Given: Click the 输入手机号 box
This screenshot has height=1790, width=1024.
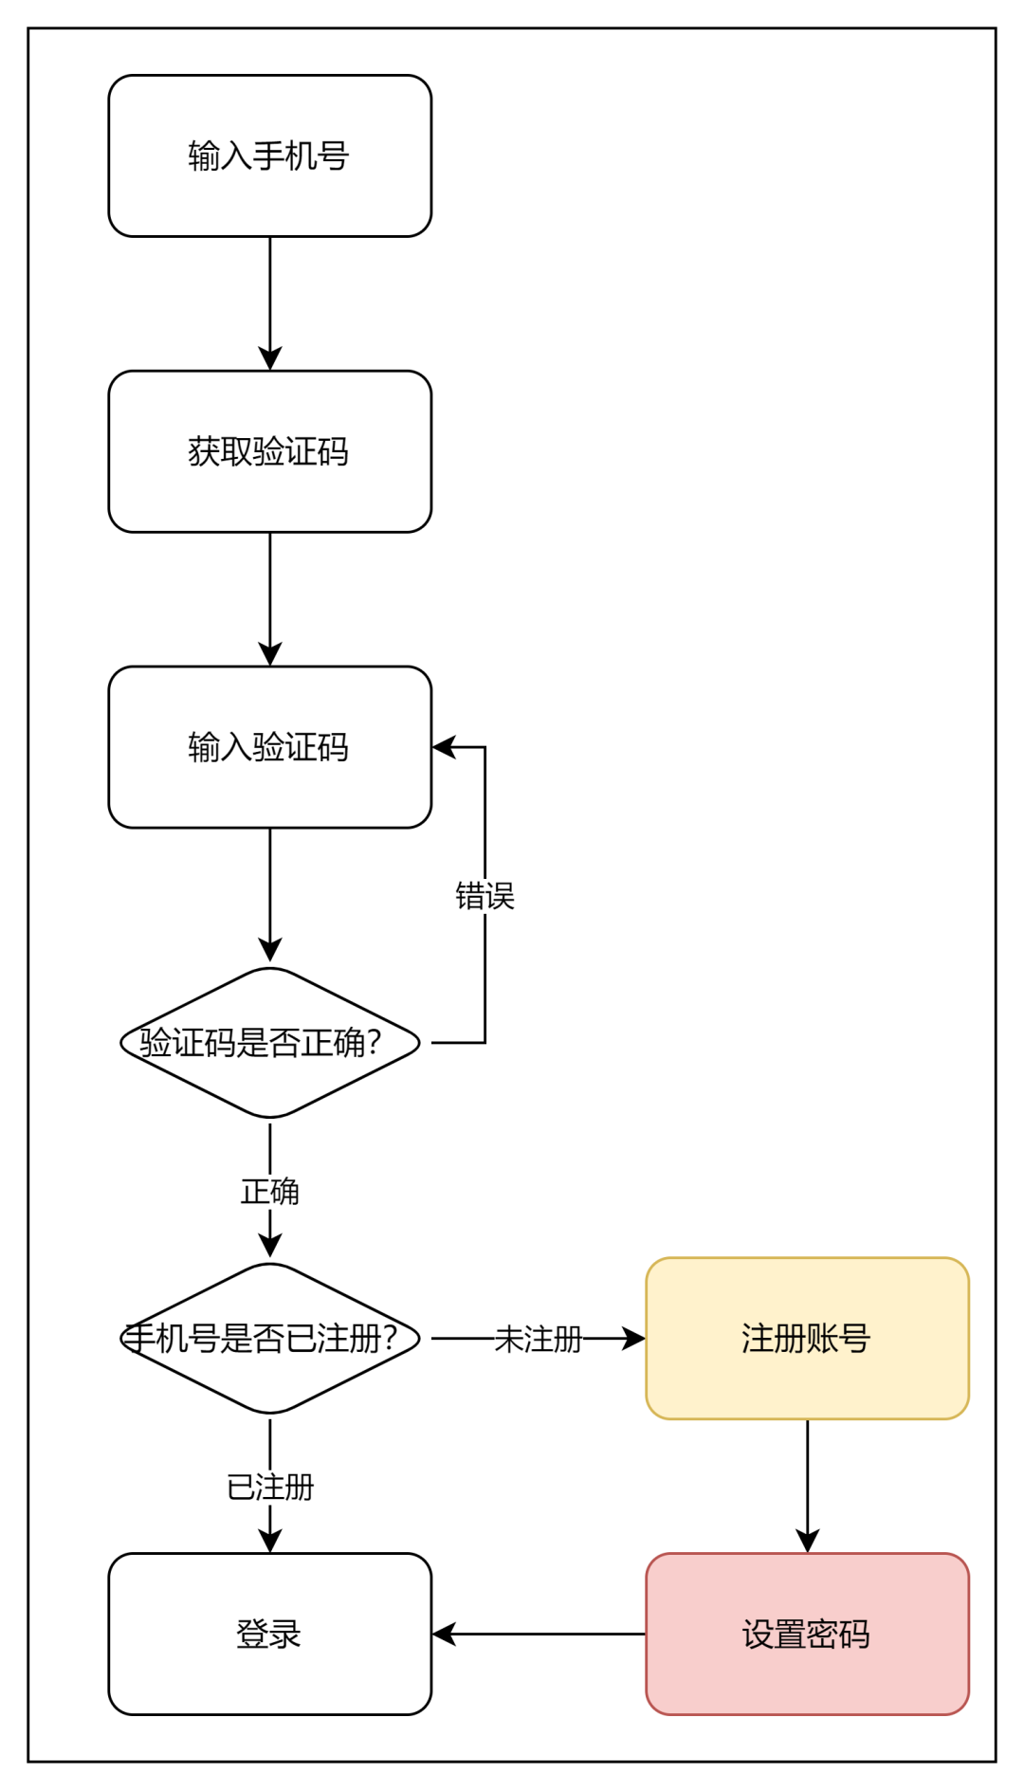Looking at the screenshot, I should point(270,156).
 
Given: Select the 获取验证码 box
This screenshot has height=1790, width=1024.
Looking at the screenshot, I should point(270,451).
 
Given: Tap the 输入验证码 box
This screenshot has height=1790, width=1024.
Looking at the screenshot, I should point(270,747).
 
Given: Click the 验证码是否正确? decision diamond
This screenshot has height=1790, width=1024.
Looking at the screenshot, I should point(270,1043).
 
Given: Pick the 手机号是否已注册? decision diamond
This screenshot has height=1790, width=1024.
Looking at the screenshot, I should point(270,1339).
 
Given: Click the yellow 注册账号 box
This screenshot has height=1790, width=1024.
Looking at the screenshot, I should point(807,1339).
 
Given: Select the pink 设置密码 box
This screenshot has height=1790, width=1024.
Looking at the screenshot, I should point(807,1635).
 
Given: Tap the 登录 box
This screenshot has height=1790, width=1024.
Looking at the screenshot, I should point(270,1635).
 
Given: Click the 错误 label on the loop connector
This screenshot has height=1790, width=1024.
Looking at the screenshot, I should point(485,896).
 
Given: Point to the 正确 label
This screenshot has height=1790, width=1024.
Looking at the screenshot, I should point(270,1192).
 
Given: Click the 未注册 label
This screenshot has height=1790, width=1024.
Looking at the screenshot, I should point(538,1339).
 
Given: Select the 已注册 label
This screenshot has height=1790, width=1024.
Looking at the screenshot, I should point(270,1488).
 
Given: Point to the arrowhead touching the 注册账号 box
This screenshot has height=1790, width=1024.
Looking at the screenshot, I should point(633,1339).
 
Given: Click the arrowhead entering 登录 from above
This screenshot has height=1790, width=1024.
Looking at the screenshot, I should point(270,1541).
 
